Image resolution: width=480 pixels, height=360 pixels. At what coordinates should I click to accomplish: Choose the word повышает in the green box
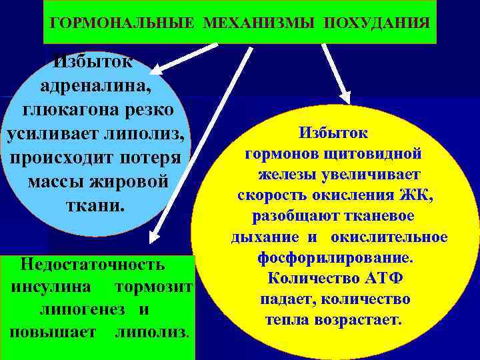(x=53, y=331)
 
